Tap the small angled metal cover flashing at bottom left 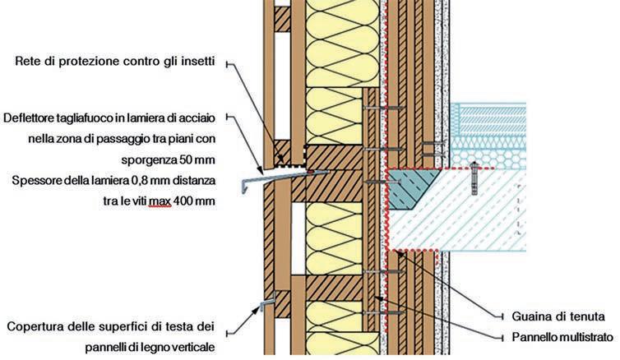point(263,307)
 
